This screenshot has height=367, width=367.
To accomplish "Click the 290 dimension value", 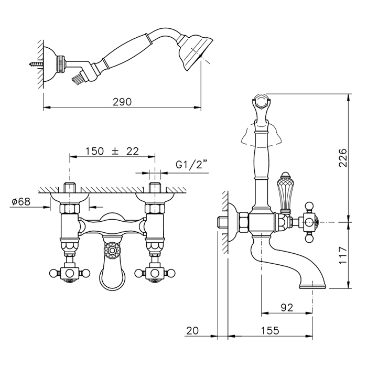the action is pyautogui.click(x=122, y=102).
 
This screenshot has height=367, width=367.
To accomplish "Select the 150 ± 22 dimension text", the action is pyautogui.click(x=112, y=151).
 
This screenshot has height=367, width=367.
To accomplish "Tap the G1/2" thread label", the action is pyautogui.click(x=192, y=165).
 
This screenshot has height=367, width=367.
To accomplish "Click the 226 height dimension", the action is pyautogui.click(x=343, y=157).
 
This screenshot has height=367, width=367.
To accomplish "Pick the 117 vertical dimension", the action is pyautogui.click(x=343, y=255).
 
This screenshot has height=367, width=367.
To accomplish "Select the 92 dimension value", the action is pyautogui.click(x=287, y=307).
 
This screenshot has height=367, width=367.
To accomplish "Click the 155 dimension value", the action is pyautogui.click(x=270, y=330).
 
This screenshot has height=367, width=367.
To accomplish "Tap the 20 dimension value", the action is pyautogui.click(x=192, y=330).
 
